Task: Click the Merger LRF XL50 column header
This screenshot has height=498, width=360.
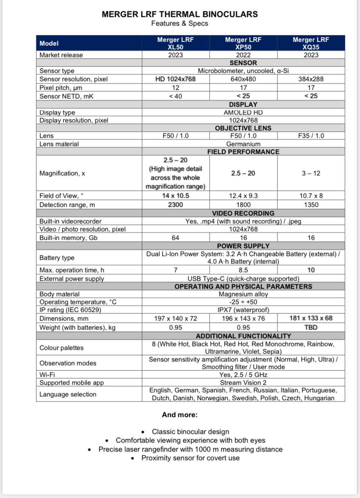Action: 175,43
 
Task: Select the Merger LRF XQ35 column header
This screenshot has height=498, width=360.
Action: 311,43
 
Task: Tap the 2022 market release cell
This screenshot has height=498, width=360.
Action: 243,55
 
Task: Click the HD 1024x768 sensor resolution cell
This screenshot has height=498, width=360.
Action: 175,79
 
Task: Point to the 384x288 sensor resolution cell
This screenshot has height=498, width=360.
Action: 311,79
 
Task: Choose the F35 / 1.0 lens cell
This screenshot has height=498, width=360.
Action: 311,136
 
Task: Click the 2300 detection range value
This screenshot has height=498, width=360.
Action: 175,205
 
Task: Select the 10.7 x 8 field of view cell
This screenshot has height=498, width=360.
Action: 311,196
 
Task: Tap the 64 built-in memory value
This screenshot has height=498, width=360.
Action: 175,238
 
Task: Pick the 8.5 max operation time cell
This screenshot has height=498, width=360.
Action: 243,270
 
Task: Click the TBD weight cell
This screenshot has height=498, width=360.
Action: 311,328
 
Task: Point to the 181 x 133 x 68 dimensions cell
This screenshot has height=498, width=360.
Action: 311,318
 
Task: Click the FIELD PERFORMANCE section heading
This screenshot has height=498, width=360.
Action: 243,152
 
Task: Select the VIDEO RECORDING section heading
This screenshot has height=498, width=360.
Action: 243,214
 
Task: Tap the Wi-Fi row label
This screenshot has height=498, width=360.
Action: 47,375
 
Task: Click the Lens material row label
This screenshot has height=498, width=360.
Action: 59,144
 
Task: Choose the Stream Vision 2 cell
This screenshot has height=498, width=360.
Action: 243,383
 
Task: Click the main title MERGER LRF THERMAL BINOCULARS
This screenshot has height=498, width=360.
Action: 180,14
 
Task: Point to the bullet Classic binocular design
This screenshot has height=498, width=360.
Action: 190,432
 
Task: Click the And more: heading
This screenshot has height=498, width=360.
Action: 180,415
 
